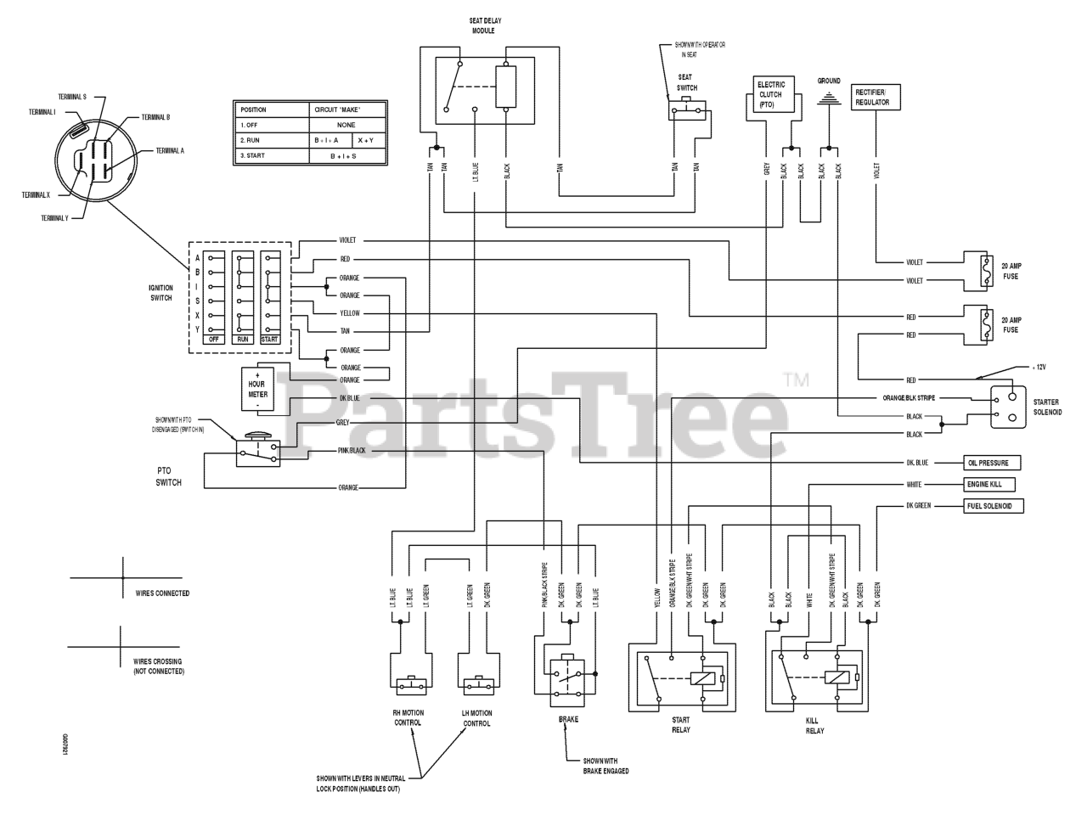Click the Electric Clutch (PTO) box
tap(770, 94)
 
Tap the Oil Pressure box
tap(991, 464)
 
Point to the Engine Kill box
tap(989, 485)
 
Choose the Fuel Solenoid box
tap(992, 506)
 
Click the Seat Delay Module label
tap(483, 25)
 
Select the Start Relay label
tap(681, 724)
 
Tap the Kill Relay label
tap(814, 725)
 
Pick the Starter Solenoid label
tap(1046, 407)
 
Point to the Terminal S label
tap(72, 97)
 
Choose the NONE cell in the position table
tap(346, 125)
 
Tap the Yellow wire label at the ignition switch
tap(349, 313)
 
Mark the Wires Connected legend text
tap(162, 593)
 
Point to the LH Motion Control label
tap(476, 718)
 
